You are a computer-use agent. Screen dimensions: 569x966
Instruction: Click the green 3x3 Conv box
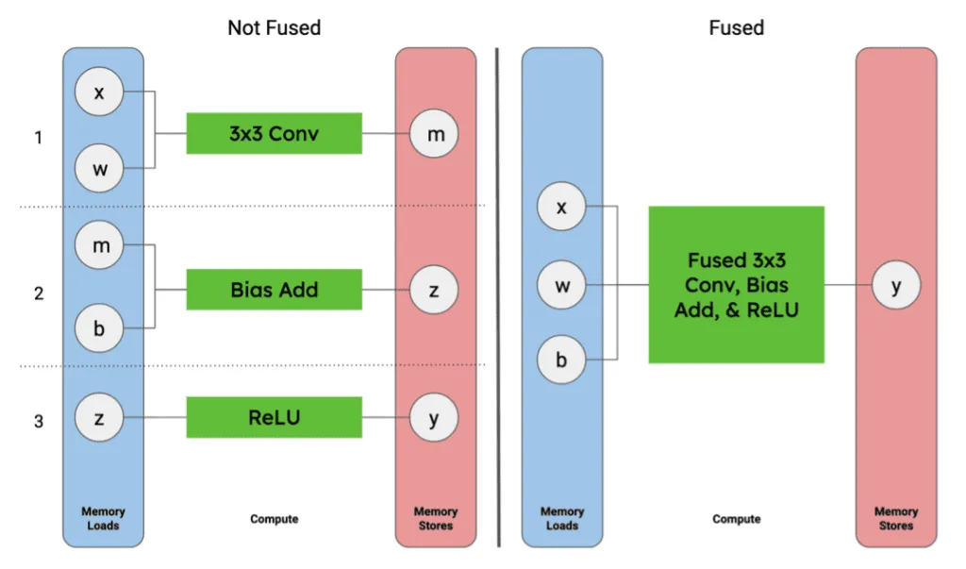(x=274, y=134)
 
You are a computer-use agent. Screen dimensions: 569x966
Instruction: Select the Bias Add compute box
(x=274, y=290)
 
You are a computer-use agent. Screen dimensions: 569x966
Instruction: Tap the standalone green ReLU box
(x=274, y=417)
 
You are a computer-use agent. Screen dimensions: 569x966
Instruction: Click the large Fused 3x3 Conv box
(x=736, y=285)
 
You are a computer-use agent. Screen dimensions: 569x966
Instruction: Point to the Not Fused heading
(x=274, y=27)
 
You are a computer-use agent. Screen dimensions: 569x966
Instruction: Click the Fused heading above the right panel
(x=736, y=27)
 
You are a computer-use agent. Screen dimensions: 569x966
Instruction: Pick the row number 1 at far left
(x=39, y=138)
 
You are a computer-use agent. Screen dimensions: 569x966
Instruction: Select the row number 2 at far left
(x=39, y=293)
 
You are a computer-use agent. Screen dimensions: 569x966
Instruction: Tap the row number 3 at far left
(x=39, y=421)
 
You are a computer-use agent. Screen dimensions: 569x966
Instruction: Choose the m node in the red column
(x=434, y=136)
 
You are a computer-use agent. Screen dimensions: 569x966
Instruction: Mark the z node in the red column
(x=434, y=291)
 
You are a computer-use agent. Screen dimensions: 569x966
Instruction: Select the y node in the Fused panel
(x=895, y=286)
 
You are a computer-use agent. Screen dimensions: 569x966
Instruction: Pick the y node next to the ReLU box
(x=434, y=419)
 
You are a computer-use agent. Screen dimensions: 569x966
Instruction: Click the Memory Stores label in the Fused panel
(x=895, y=518)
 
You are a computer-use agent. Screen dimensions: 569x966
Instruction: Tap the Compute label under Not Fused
(x=274, y=519)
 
